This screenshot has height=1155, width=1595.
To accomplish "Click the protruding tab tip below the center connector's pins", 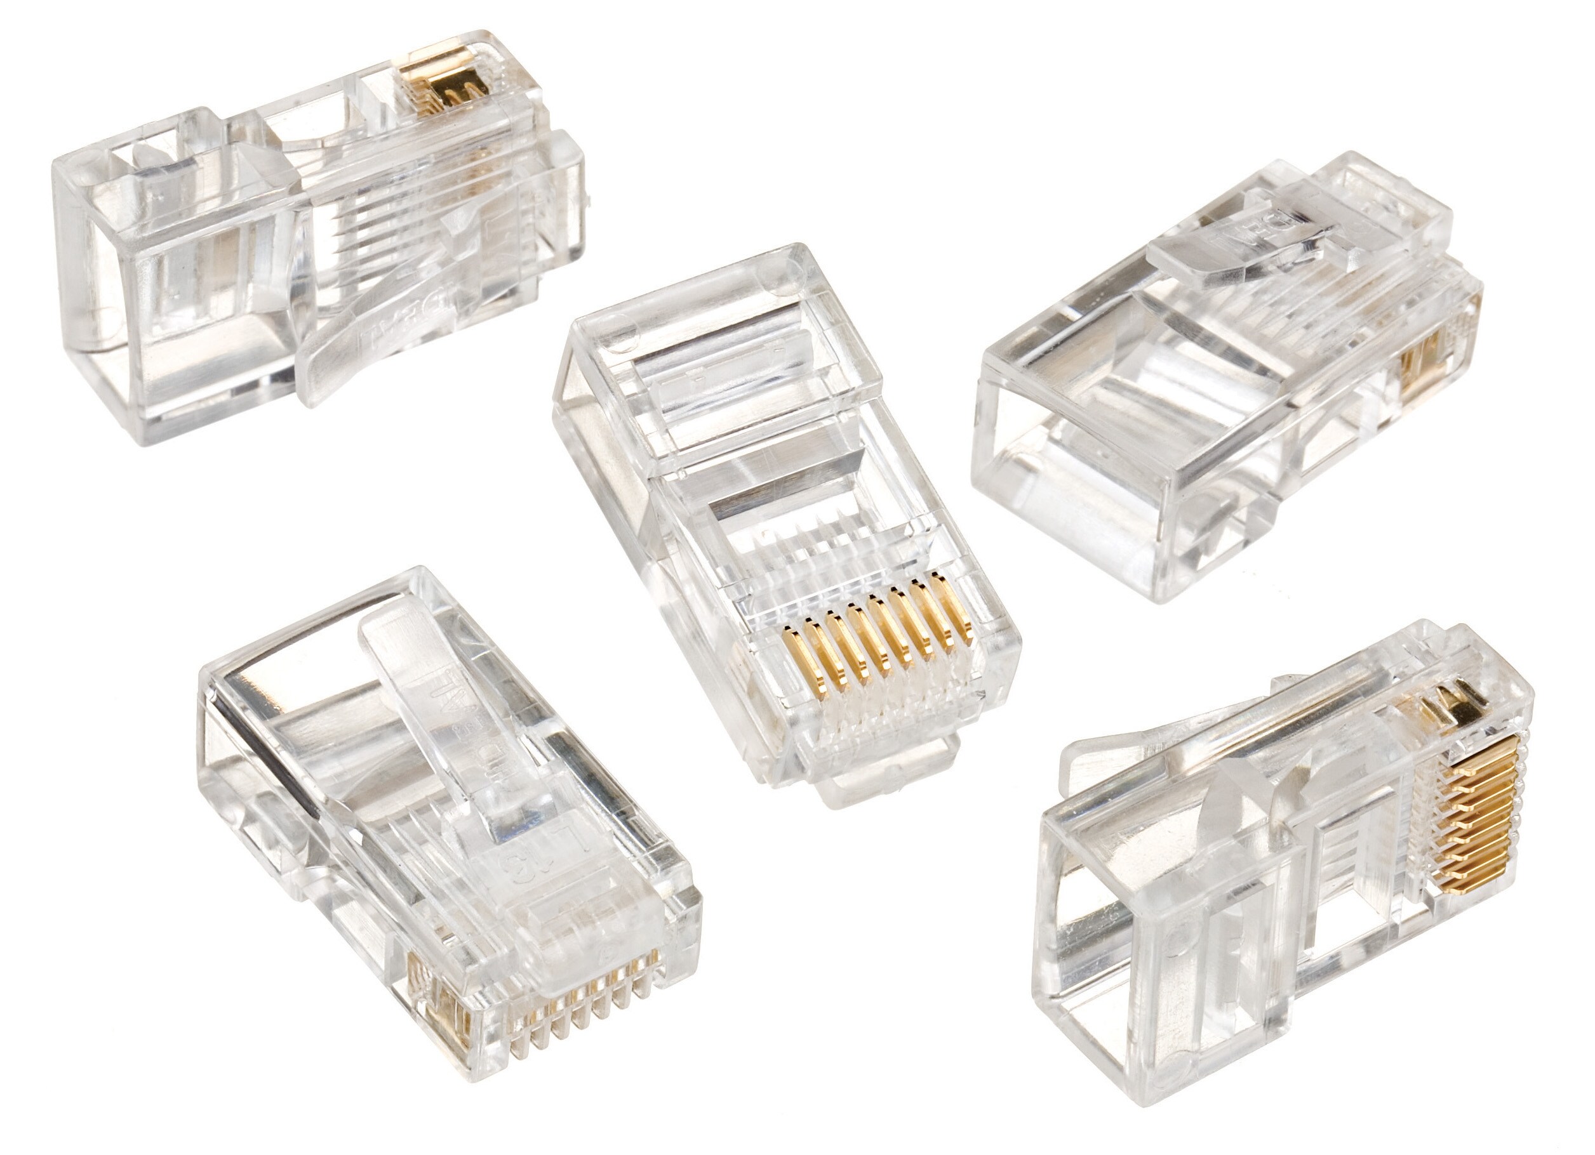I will tap(872, 781).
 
